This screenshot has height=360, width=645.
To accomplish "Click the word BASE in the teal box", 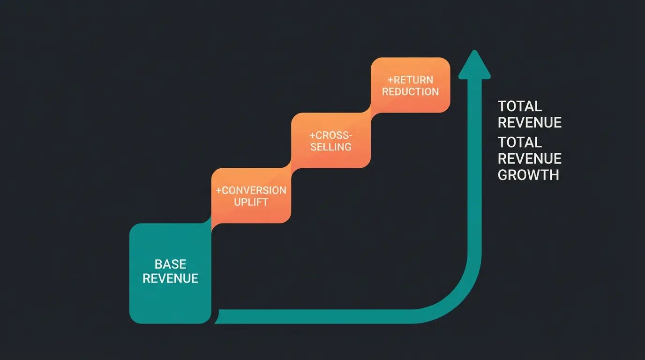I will click(170, 264).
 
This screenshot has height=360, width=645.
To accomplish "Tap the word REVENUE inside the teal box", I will click(170, 278).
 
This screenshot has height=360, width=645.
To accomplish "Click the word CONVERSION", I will click(254, 190).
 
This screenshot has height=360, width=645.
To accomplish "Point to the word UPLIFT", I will click(251, 202).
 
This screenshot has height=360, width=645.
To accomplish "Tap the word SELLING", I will click(330, 147).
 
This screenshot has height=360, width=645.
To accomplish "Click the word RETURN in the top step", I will click(413, 80).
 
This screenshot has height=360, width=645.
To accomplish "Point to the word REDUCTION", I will click(410, 91).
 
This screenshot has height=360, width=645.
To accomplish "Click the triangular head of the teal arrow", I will click(474, 66).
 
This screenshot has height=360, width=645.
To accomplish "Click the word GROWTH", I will click(528, 175).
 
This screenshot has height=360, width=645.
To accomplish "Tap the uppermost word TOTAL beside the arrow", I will click(519, 106).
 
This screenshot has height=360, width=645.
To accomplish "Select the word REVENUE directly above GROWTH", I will click(529, 158).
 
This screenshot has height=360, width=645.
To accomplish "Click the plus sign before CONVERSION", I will click(218, 190).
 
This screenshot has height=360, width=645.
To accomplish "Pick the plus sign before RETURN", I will click(390, 80).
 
